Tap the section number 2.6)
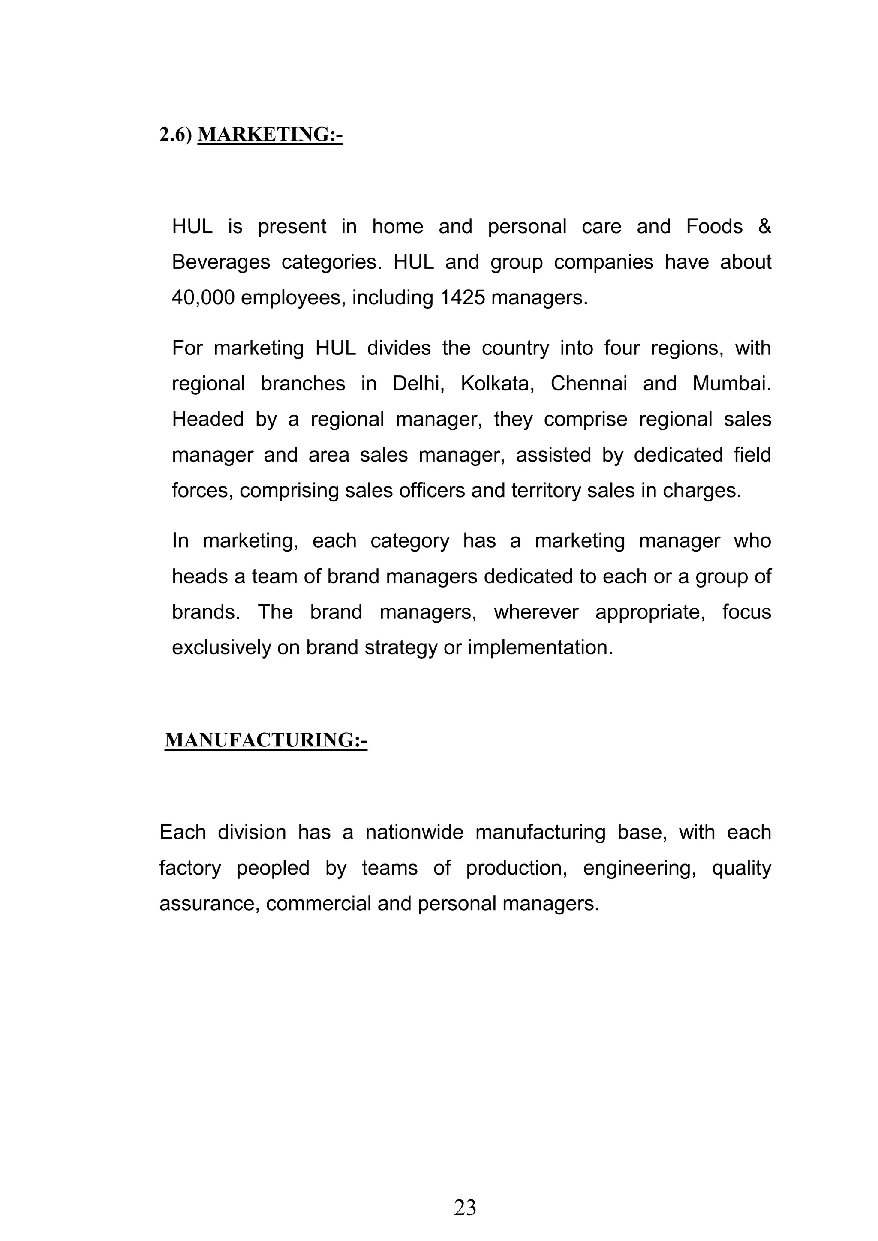click(176, 134)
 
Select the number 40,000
click(203, 298)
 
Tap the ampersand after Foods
click(764, 226)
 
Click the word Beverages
click(221, 262)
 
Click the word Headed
click(207, 419)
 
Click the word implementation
click(540, 647)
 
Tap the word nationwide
click(414, 832)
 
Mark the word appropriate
click(650, 612)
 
